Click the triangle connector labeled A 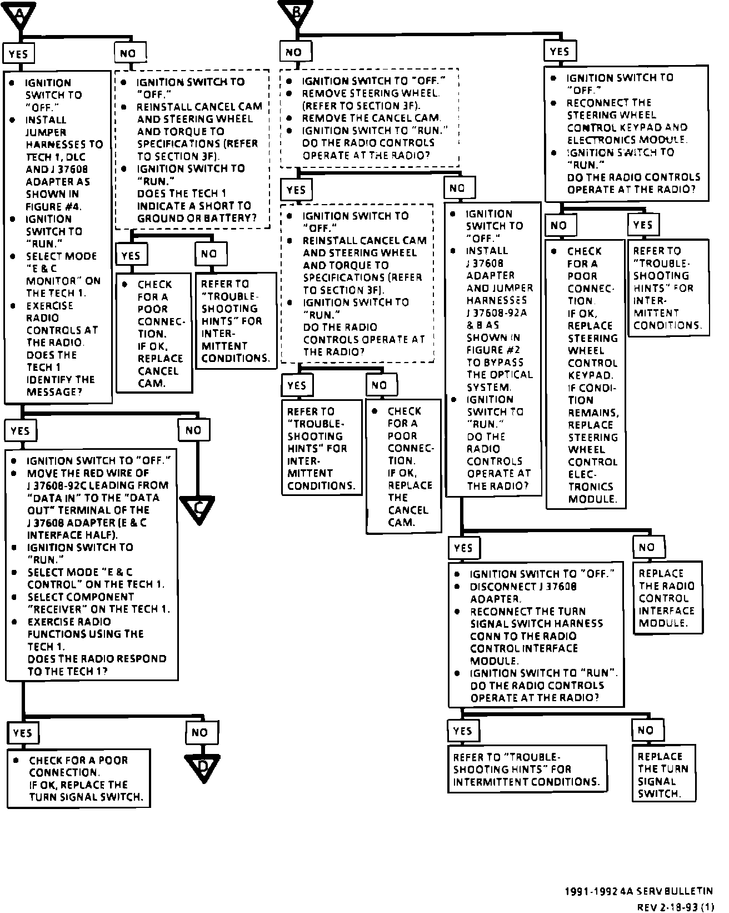tap(19, 13)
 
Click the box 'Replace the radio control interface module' tap(667, 598)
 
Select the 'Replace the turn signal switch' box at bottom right tap(663, 775)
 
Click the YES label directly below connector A tap(18, 54)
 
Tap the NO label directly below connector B tap(294, 52)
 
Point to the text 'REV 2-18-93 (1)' tap(675, 907)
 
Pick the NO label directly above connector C tap(193, 430)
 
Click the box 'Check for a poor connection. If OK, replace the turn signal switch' tap(79, 778)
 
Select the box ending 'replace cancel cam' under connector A tap(154, 333)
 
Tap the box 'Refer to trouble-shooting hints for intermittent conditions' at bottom tap(526, 770)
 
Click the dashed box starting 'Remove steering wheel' tap(369, 118)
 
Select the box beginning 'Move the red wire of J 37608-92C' tap(92, 564)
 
